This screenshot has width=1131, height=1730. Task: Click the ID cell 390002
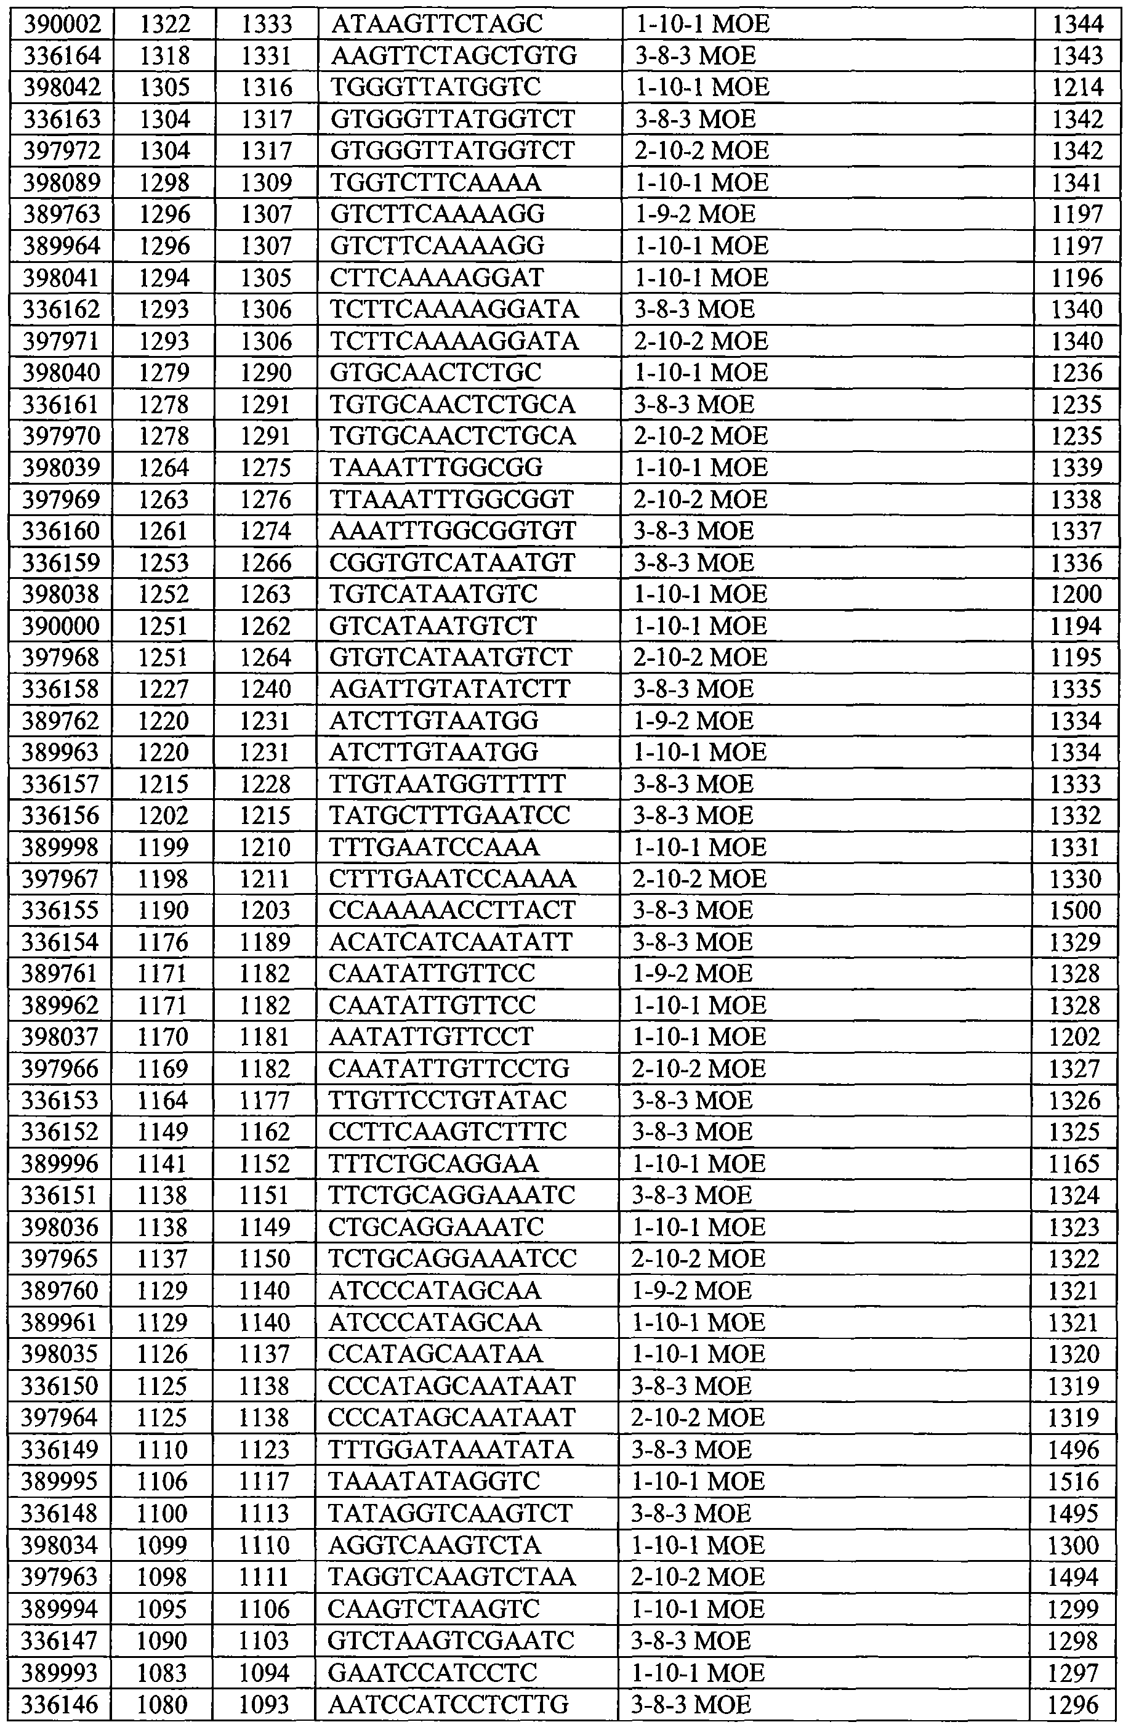point(61,24)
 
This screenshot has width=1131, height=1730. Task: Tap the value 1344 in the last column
point(1077,24)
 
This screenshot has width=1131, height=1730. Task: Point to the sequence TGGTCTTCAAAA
point(435,182)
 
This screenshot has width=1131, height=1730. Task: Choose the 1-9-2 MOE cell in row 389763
point(695,214)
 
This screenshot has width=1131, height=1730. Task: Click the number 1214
point(1077,87)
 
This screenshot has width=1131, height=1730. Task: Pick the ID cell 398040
point(61,372)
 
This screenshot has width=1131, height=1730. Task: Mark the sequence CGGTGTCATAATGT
point(452,563)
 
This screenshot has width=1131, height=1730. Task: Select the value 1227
point(164,689)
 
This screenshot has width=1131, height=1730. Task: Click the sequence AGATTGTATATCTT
point(450,689)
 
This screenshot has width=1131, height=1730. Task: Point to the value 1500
point(1076,911)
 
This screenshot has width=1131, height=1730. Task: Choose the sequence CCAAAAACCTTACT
point(451,911)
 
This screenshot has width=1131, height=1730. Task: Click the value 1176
point(164,943)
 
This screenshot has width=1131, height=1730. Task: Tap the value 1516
point(1075,1481)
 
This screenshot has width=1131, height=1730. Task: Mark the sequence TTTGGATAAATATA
point(451,1449)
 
